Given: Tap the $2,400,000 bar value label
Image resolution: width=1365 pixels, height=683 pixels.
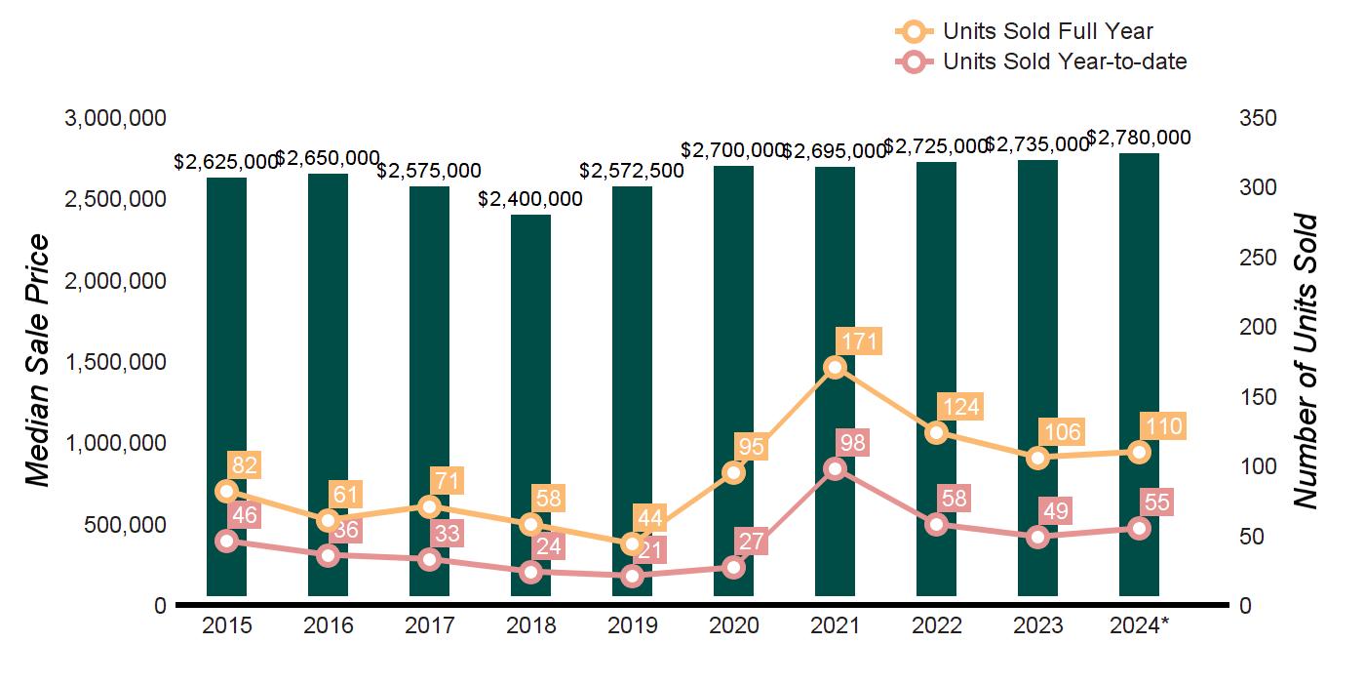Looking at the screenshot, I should pos(530,200).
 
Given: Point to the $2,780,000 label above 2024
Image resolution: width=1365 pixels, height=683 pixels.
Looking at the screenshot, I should pos(1139,138).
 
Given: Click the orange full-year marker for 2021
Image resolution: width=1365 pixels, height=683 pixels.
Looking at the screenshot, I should pos(835,367).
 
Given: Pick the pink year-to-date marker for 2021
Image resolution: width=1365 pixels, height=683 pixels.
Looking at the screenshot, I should pos(835,469).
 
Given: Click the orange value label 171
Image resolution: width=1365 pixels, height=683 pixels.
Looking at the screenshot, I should pos(859,341).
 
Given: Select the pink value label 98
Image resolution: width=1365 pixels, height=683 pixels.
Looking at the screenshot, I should pos(852,443).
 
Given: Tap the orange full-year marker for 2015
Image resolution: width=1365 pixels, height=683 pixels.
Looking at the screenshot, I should pos(227,491).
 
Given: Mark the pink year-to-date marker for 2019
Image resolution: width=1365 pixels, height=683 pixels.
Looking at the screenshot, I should pos(632,576).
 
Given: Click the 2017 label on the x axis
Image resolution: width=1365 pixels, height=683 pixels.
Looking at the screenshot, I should pos(429,625).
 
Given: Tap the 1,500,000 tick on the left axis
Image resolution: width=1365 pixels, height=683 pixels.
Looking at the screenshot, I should pos(115,362).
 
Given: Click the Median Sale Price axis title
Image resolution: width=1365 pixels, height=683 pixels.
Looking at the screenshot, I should pos(38,361).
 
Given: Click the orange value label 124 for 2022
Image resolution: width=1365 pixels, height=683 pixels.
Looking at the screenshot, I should pos(959,407).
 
